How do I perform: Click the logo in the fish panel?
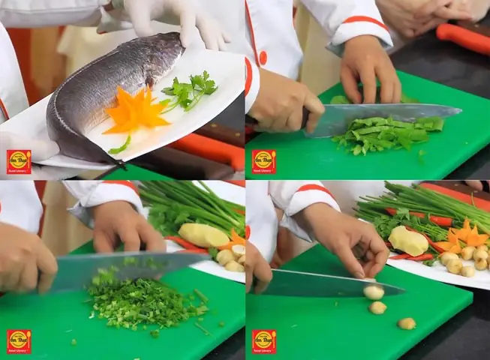click(x=19, y=161)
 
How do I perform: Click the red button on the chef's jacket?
click(x=263, y=58)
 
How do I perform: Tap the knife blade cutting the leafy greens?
click(x=383, y=115)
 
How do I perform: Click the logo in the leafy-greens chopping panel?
click(x=263, y=161)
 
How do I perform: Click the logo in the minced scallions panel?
click(x=19, y=341)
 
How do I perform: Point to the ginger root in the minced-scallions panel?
click(x=203, y=235)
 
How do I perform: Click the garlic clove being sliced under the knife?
click(x=373, y=292)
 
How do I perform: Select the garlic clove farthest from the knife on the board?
click(x=407, y=323)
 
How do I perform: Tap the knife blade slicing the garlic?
click(x=330, y=283)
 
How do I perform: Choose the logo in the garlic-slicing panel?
click(x=263, y=341)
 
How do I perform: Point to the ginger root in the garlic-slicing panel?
click(x=407, y=240)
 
